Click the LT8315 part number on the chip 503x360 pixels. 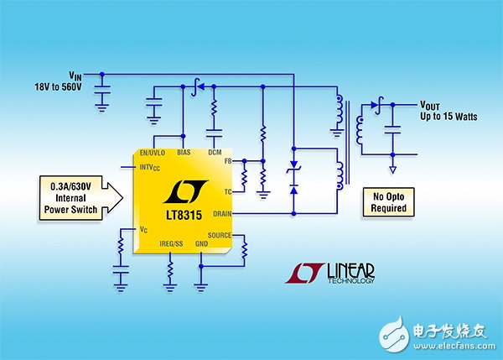(184, 215)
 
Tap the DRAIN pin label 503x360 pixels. (222, 213)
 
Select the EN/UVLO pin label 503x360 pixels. (153, 153)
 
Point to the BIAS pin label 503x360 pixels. (184, 152)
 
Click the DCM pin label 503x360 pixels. (215, 152)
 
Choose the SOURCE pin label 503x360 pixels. (220, 235)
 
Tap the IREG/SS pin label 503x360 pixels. (171, 243)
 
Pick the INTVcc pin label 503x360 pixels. (149, 168)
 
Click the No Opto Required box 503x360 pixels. (388, 202)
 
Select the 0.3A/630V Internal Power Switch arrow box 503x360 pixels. (80, 198)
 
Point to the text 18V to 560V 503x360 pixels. (58, 86)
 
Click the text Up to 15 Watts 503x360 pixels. (449, 117)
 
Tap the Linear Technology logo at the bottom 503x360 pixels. (330, 274)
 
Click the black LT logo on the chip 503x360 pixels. (185, 191)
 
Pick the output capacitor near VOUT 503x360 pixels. (392, 130)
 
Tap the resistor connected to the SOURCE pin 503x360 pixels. (245, 249)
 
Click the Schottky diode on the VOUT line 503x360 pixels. (376, 105)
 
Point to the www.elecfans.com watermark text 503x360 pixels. (454, 346)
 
